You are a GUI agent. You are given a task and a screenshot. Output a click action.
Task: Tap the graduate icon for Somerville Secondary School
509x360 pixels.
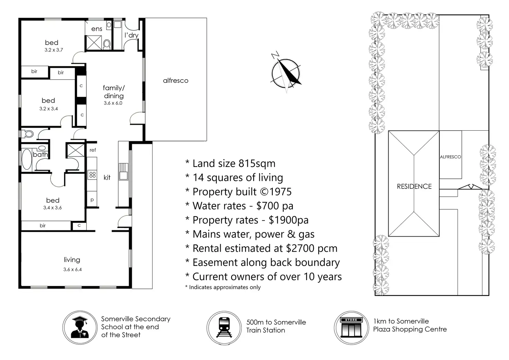click(80, 327)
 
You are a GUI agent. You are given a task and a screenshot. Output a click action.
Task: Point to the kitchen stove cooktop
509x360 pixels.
click(92, 175)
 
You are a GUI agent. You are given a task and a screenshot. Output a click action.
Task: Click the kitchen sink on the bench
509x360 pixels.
click(123, 172)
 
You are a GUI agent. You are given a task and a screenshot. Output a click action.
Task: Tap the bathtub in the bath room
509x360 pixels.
click(27, 159)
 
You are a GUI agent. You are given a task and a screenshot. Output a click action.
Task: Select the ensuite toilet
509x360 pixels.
click(107, 44)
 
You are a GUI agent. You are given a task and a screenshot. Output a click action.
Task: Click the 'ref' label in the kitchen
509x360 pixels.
click(93, 150)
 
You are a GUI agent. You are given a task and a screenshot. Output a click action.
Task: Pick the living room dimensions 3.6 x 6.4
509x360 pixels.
click(73, 269)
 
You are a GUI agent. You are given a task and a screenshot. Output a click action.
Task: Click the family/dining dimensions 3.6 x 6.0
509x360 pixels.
click(113, 103)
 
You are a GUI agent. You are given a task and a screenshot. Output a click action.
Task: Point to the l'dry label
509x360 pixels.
click(131, 35)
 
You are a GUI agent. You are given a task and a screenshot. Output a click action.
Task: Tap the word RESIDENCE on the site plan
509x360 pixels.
click(414, 186)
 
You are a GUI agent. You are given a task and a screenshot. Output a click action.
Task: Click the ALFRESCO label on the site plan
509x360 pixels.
click(450, 157)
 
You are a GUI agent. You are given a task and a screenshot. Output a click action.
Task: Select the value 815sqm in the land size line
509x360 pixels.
click(257, 164)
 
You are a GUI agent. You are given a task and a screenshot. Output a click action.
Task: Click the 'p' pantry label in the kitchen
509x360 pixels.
click(92, 200)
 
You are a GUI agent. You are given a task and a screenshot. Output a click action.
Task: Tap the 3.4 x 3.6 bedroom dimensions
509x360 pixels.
click(53, 207)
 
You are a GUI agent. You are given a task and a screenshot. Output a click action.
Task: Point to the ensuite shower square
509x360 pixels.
click(94, 43)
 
